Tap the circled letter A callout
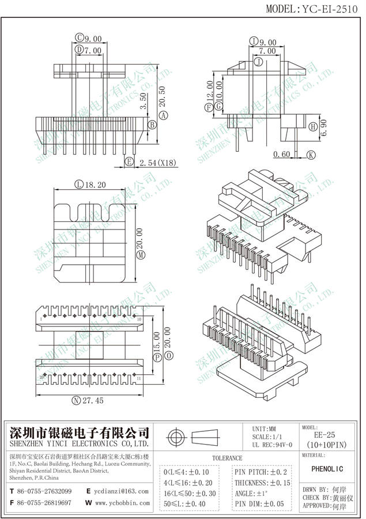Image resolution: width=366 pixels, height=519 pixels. (x=163, y=116)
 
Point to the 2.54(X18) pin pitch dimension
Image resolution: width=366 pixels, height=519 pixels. (x=158, y=163)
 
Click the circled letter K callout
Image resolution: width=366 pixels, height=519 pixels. (x=311, y=155)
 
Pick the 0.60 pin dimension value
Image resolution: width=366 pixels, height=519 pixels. (x=282, y=155)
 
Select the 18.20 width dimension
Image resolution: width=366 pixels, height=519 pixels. (x=95, y=185)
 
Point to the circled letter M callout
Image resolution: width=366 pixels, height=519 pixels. (x=139, y=254)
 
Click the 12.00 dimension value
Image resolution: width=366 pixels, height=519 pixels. (x=209, y=90)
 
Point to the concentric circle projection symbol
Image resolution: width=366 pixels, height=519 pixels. (x=176, y=436)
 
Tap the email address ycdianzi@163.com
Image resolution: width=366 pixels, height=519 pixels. (x=122, y=491)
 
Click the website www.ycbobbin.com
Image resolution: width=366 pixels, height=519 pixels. (x=122, y=503)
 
